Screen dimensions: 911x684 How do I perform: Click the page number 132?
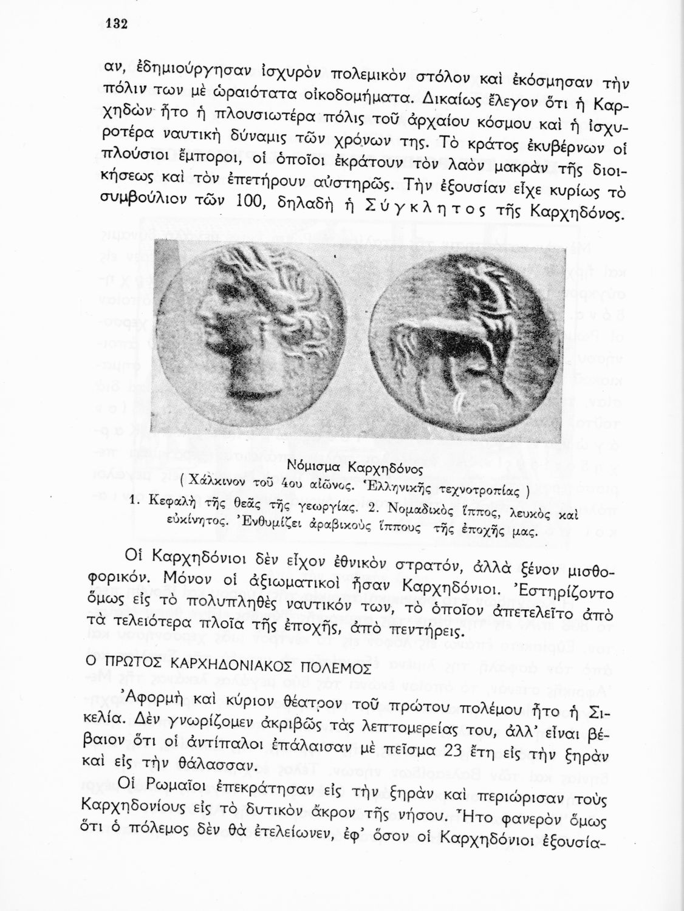point(114,24)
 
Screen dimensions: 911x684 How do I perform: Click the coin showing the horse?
point(462,343)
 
